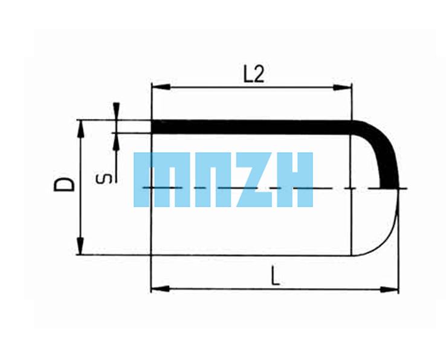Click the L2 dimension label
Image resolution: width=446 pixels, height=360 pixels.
[x=254, y=74]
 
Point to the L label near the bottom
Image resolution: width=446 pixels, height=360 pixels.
[x=275, y=275]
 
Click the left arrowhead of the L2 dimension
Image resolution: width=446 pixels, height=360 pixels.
[x=161, y=87]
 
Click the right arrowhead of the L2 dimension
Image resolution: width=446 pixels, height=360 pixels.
[x=343, y=88]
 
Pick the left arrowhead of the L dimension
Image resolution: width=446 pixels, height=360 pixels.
[x=160, y=289]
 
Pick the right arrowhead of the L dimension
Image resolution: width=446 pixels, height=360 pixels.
[x=389, y=290]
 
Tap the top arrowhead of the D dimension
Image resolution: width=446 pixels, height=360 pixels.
[x=81, y=129]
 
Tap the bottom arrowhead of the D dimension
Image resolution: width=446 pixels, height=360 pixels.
[x=81, y=245]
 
